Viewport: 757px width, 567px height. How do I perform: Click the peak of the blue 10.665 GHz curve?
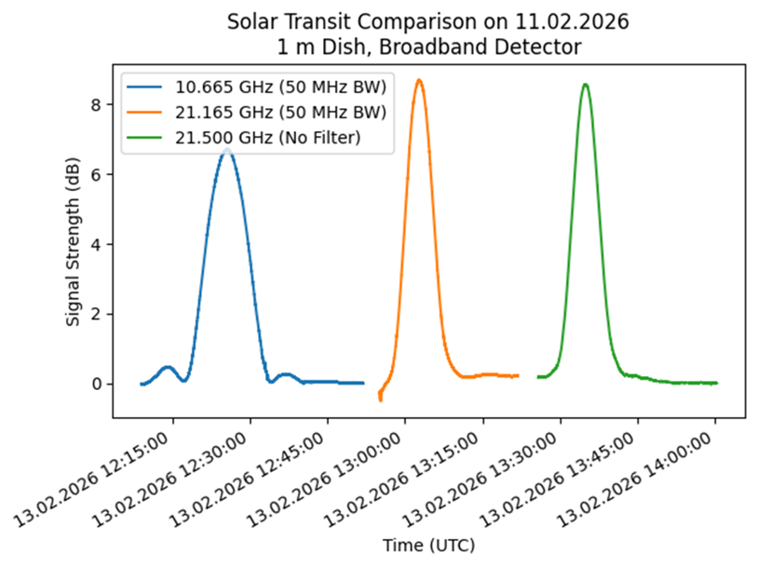click(x=226, y=150)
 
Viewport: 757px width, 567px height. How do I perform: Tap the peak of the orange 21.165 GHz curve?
click(x=419, y=80)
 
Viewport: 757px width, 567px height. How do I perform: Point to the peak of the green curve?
click(x=585, y=85)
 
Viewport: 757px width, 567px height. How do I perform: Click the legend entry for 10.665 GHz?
click(x=280, y=88)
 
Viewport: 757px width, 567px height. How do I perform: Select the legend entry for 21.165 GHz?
click(x=280, y=114)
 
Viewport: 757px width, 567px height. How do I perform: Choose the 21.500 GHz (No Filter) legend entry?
click(x=267, y=138)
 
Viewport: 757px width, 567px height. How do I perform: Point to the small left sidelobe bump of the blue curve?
click(x=168, y=367)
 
